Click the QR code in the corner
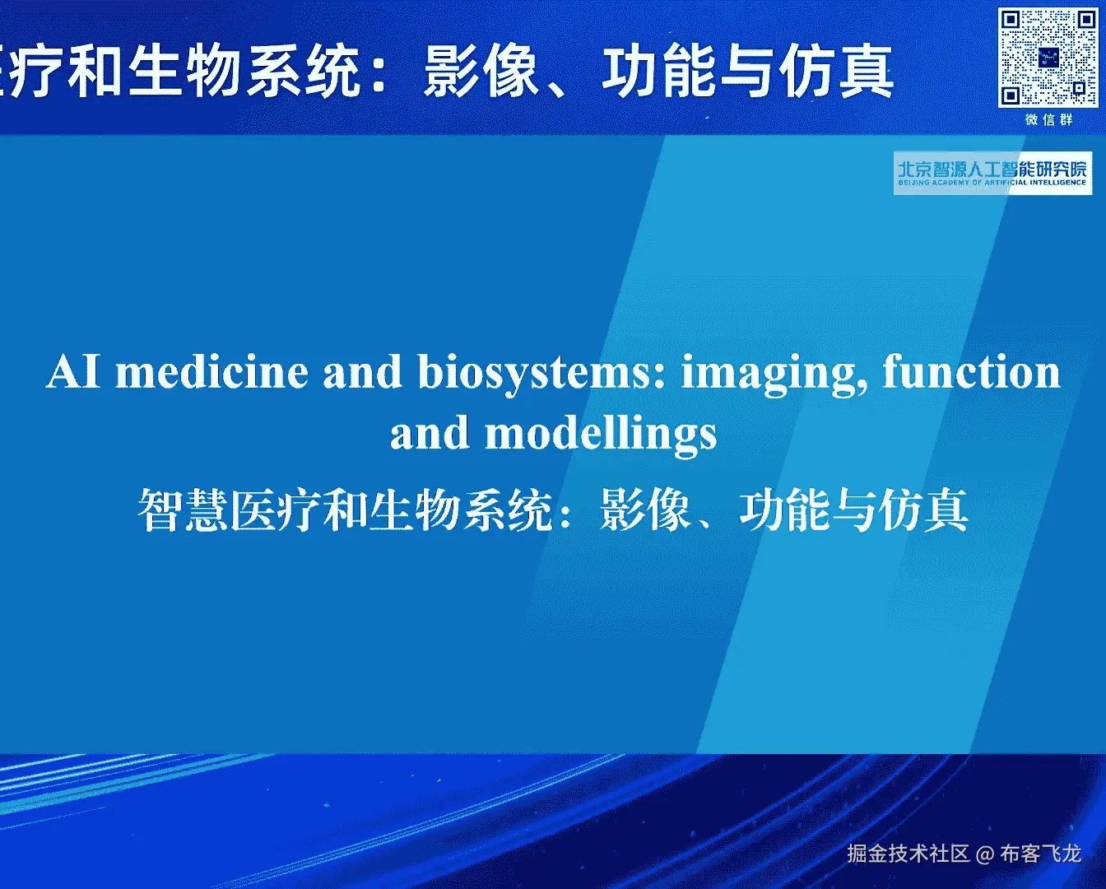pos(1048,58)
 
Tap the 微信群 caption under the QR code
pos(1048,120)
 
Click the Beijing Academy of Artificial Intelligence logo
pos(992,174)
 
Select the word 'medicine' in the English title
pos(211,372)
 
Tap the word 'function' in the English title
pos(971,370)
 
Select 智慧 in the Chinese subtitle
pos(183,510)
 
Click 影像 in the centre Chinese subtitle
pos(644,510)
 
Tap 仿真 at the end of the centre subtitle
pos(923,510)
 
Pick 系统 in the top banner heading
pos(302,71)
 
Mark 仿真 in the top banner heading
pos(836,71)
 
